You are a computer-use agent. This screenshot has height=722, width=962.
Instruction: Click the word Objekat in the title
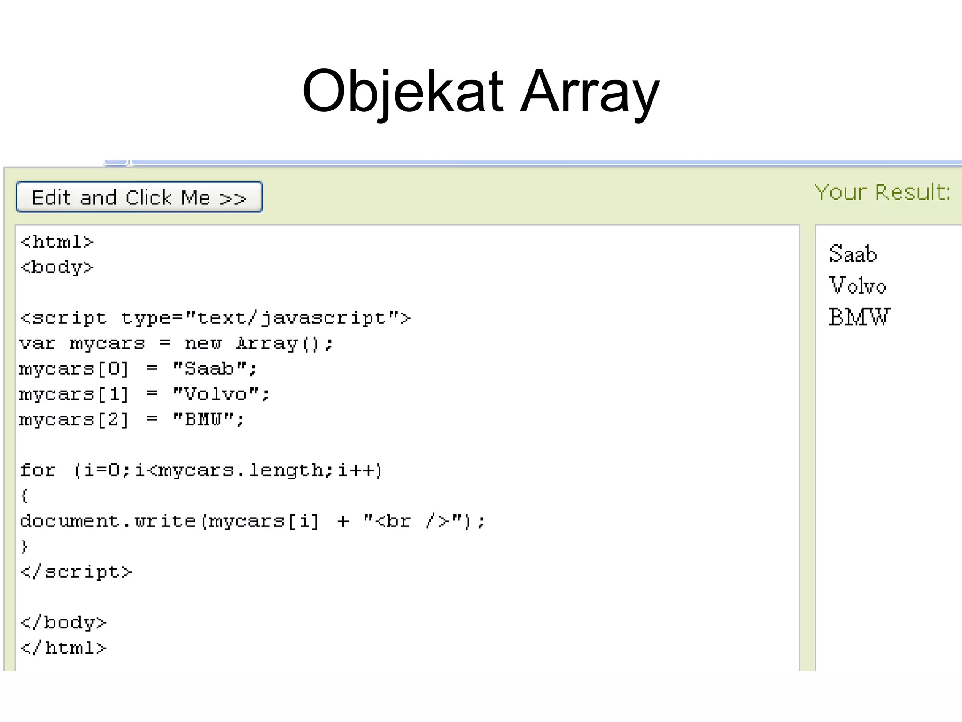tap(403, 91)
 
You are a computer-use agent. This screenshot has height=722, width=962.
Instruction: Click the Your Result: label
tap(882, 192)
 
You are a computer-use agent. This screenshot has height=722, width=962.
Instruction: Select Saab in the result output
tap(853, 254)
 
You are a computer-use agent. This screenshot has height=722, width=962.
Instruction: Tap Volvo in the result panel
tap(857, 286)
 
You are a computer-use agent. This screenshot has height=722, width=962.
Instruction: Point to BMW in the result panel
tap(859, 317)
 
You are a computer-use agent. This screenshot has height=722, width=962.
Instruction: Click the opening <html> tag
tap(57, 242)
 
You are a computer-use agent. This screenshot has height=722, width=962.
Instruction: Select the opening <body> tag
tap(57, 267)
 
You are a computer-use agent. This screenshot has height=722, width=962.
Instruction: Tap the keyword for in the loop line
tap(38, 470)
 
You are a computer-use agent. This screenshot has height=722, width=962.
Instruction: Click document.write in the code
tap(108, 521)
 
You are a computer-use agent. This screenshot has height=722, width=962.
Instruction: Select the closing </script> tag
tap(76, 572)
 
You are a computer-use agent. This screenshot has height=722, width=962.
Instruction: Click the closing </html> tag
tap(63, 648)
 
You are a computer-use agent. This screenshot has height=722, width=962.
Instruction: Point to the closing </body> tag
tap(63, 623)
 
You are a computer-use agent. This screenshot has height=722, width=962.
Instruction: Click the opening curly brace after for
tap(24, 495)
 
